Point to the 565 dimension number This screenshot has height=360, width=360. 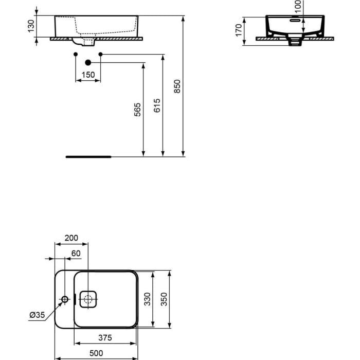[137, 110]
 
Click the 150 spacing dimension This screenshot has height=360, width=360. [88, 75]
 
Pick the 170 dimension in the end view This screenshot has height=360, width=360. [238, 29]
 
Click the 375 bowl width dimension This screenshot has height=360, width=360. [105, 338]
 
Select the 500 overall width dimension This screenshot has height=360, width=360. [96, 353]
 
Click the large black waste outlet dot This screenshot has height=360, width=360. [88, 63]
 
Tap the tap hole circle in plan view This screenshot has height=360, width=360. [65, 299]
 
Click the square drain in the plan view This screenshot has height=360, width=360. [88, 299]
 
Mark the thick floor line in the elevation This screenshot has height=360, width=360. [88, 154]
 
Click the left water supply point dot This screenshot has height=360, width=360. [76, 54]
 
